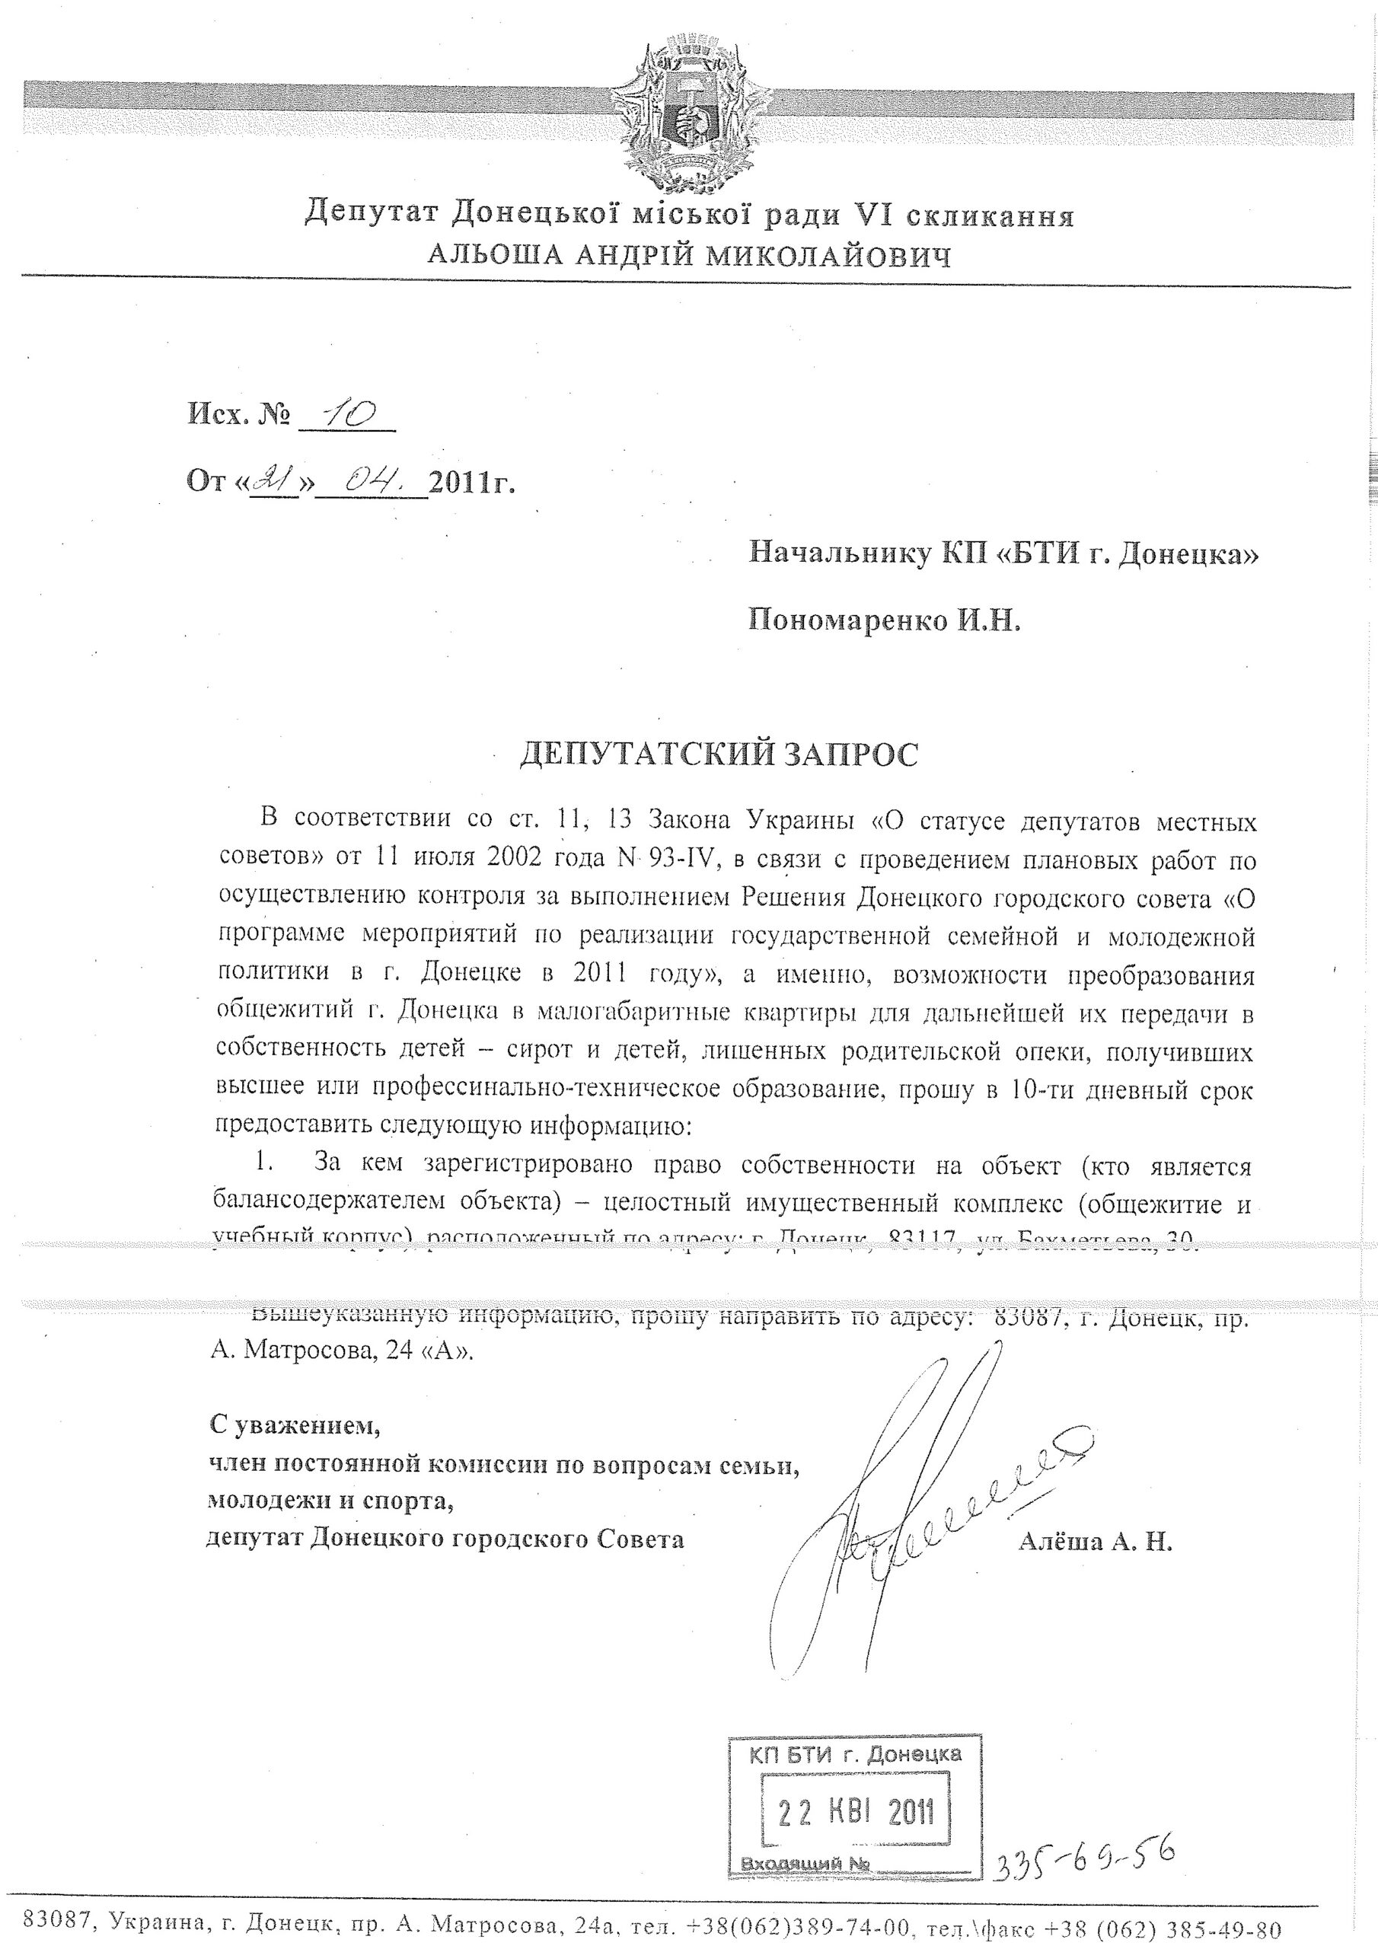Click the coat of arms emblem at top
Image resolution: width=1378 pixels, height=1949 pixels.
point(688,118)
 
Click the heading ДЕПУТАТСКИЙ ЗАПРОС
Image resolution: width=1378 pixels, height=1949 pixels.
point(718,754)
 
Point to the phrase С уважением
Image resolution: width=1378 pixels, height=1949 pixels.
point(295,1425)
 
